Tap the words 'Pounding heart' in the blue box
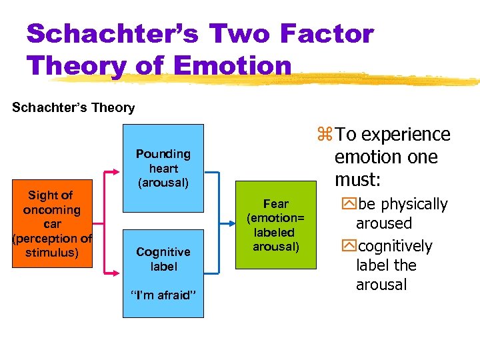[163, 161]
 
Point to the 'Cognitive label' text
[163, 259]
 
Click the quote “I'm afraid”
[163, 295]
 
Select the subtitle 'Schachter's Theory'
[73, 107]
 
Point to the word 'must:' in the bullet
[358, 179]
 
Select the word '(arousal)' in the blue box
[163, 181]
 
